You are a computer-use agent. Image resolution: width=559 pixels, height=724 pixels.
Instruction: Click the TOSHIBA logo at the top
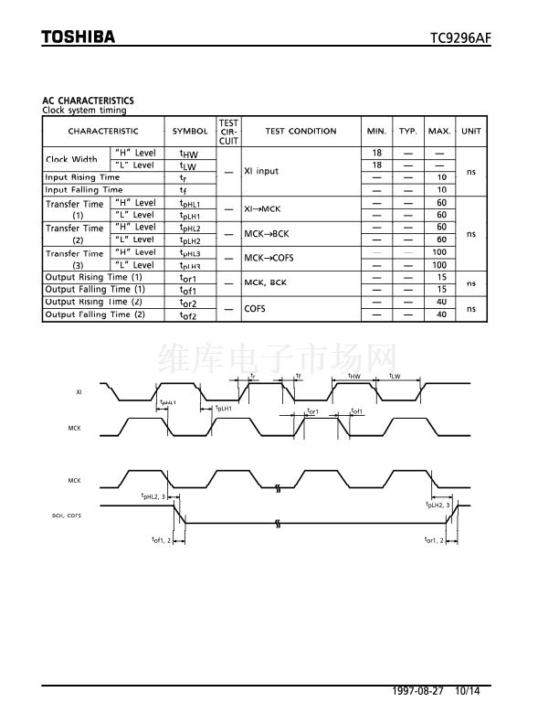(79, 37)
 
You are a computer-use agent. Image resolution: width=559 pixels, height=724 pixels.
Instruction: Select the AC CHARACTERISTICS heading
(88, 101)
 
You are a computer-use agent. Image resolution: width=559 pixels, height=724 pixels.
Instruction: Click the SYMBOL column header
(190, 132)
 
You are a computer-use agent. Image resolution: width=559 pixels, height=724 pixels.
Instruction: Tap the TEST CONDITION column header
(301, 132)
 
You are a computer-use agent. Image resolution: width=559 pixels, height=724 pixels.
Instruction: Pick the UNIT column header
(471, 132)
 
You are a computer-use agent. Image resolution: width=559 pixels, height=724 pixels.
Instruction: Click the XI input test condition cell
(261, 171)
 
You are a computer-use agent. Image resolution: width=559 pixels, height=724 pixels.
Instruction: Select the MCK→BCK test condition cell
(265, 234)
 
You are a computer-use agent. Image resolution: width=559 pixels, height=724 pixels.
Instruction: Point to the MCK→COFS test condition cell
(269, 259)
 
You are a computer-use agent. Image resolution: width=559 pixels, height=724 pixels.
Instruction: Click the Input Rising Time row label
(82, 177)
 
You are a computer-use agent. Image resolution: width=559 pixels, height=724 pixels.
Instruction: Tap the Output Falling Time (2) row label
(95, 314)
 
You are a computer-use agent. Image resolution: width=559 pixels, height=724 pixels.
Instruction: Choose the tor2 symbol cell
(188, 303)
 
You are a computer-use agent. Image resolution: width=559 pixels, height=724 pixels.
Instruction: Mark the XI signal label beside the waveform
(79, 391)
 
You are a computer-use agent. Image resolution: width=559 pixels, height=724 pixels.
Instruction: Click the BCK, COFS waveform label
(67, 516)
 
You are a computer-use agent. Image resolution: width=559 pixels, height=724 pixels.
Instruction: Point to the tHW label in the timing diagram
(354, 376)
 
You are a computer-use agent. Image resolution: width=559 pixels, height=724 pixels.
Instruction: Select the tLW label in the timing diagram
(395, 376)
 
